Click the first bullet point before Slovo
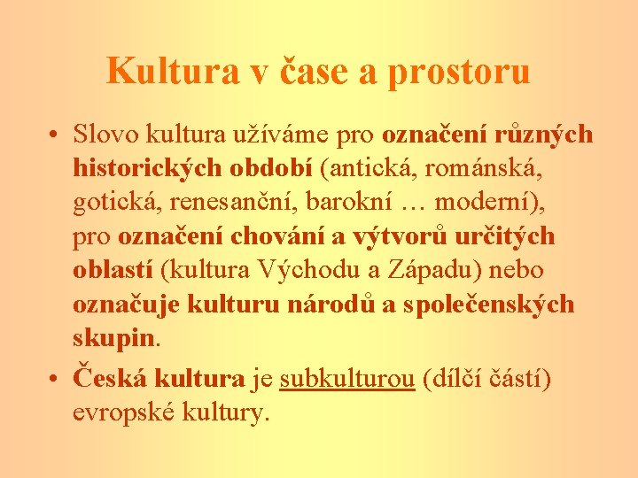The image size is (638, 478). click(x=55, y=135)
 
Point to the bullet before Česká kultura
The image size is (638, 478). click(x=55, y=380)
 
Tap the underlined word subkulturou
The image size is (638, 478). click(x=347, y=379)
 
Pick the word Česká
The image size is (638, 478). click(x=112, y=378)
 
